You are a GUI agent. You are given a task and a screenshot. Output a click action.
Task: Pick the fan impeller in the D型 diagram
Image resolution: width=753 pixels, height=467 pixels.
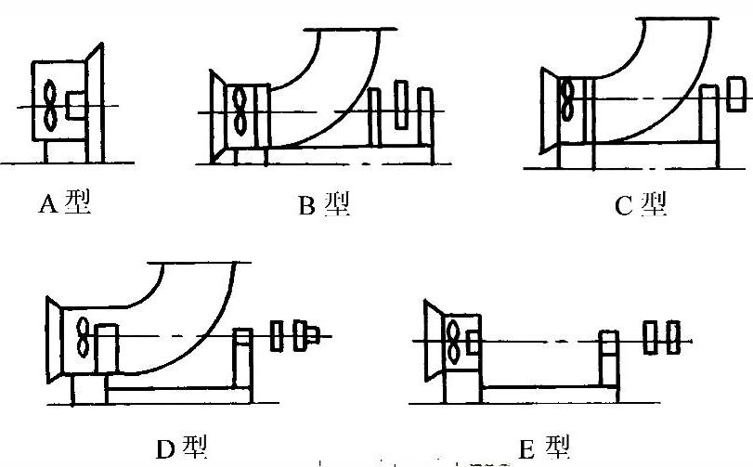click(x=84, y=340)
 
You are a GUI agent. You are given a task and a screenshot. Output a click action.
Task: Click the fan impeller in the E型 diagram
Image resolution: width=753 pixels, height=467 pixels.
click(x=455, y=342)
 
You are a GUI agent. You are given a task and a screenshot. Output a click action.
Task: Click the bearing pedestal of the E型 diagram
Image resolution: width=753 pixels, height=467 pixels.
click(x=608, y=358)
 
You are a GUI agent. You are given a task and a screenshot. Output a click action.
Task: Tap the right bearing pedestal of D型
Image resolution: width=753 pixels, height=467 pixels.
click(x=244, y=358)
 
